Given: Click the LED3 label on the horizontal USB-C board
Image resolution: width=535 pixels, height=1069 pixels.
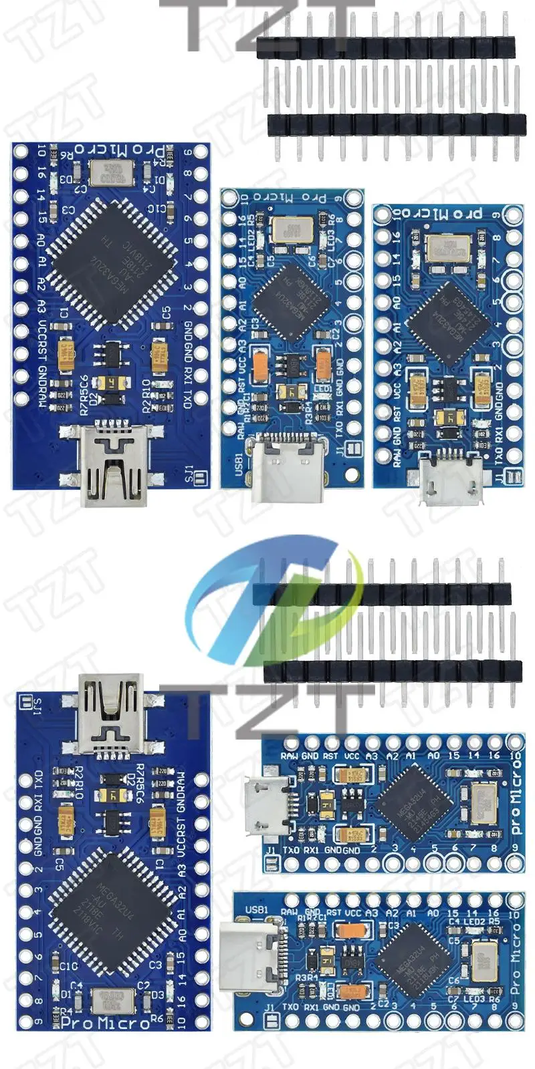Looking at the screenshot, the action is click(474, 999).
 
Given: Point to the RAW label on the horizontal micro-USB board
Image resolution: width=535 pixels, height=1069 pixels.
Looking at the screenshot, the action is click(290, 756).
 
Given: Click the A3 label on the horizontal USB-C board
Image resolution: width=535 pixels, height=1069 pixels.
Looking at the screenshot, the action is click(372, 913).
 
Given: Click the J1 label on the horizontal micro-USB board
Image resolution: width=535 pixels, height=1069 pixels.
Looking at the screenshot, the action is click(272, 850).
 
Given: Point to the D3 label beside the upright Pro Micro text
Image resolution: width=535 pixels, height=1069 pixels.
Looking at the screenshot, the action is click(158, 994).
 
